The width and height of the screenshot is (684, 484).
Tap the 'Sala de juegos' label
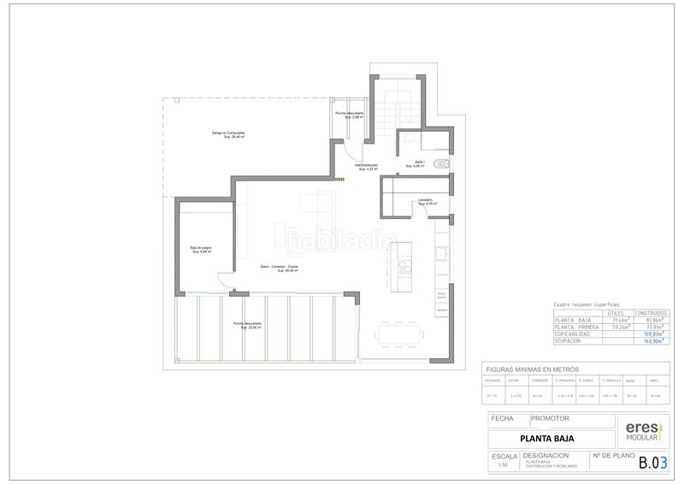pyautogui.click(x=201, y=250)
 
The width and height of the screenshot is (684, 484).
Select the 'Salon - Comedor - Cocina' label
pyautogui.click(x=280, y=269)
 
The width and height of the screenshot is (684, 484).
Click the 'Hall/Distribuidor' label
pyautogui.click(x=367, y=167)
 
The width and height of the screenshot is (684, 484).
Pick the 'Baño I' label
pyautogui.click(x=420, y=164)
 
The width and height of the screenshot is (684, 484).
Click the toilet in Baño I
pyautogui.click(x=441, y=163)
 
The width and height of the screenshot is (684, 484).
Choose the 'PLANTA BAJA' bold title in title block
pyautogui.click(x=547, y=439)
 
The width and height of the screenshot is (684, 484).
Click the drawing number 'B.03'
pyautogui.click(x=654, y=463)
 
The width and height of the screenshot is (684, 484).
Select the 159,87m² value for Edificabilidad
pyautogui.click(x=655, y=333)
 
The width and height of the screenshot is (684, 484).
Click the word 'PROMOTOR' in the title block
pyautogui.click(x=549, y=419)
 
